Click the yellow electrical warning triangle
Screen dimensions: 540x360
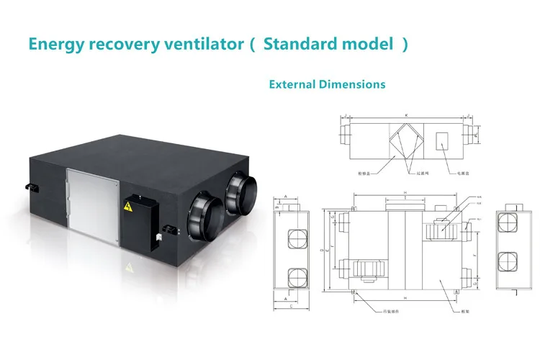pyautogui.click(x=128, y=207)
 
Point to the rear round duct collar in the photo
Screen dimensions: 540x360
pyautogui.click(x=241, y=196)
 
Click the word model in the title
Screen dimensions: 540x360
pyautogui.click(x=369, y=44)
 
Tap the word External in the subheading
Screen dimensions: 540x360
pyautogui.click(x=292, y=84)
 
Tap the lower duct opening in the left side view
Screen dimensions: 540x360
pyautogui.click(x=294, y=276)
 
